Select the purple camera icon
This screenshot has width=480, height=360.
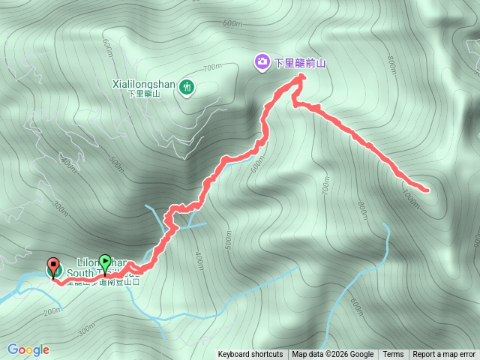[x=262, y=62]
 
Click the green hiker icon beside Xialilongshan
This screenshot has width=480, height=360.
[x=187, y=88]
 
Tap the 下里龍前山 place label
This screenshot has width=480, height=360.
[x=301, y=63]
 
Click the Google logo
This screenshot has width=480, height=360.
[x=28, y=349]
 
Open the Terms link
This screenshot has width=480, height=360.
[x=393, y=355]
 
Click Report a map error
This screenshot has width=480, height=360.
[x=444, y=355]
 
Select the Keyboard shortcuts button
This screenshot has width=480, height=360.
[x=250, y=355]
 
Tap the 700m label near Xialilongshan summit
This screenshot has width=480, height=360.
[x=212, y=67]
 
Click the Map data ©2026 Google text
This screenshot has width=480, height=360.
[x=333, y=355]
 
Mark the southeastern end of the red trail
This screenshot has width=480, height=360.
[x=427, y=190]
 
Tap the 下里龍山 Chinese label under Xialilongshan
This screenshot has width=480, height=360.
[x=145, y=94]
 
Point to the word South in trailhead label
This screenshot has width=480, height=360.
[x=79, y=273]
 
